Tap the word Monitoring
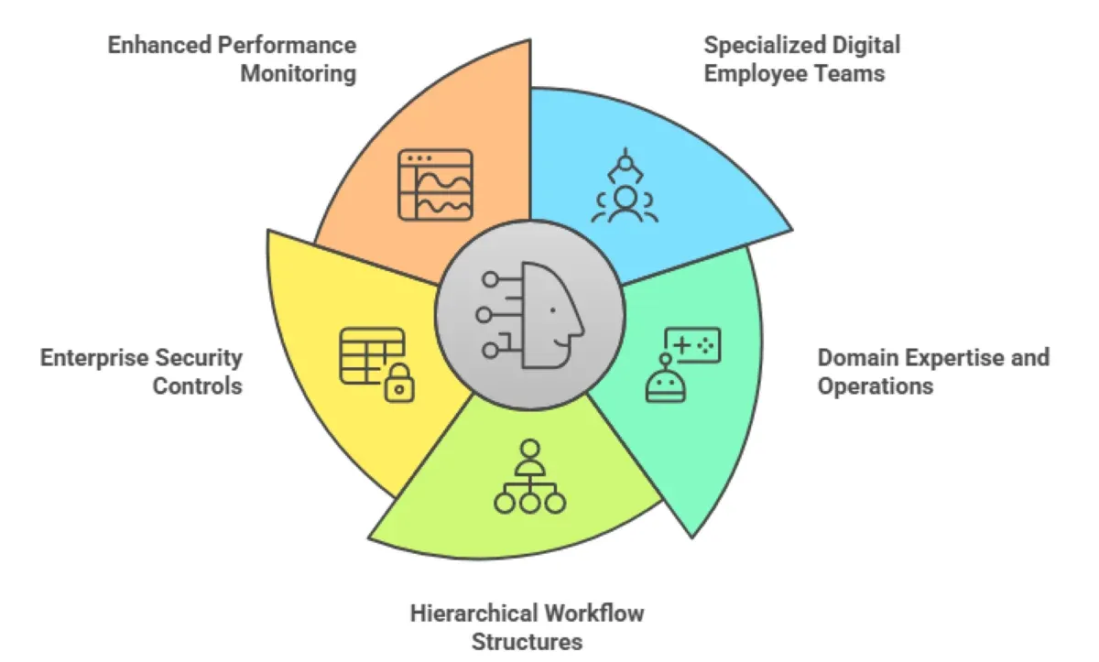(x=298, y=73)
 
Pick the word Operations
(x=875, y=385)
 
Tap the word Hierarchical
(x=474, y=612)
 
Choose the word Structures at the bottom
(x=527, y=641)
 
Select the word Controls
(x=198, y=385)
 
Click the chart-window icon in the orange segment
(x=435, y=185)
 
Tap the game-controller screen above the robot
(x=693, y=345)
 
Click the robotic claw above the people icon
(x=625, y=166)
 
